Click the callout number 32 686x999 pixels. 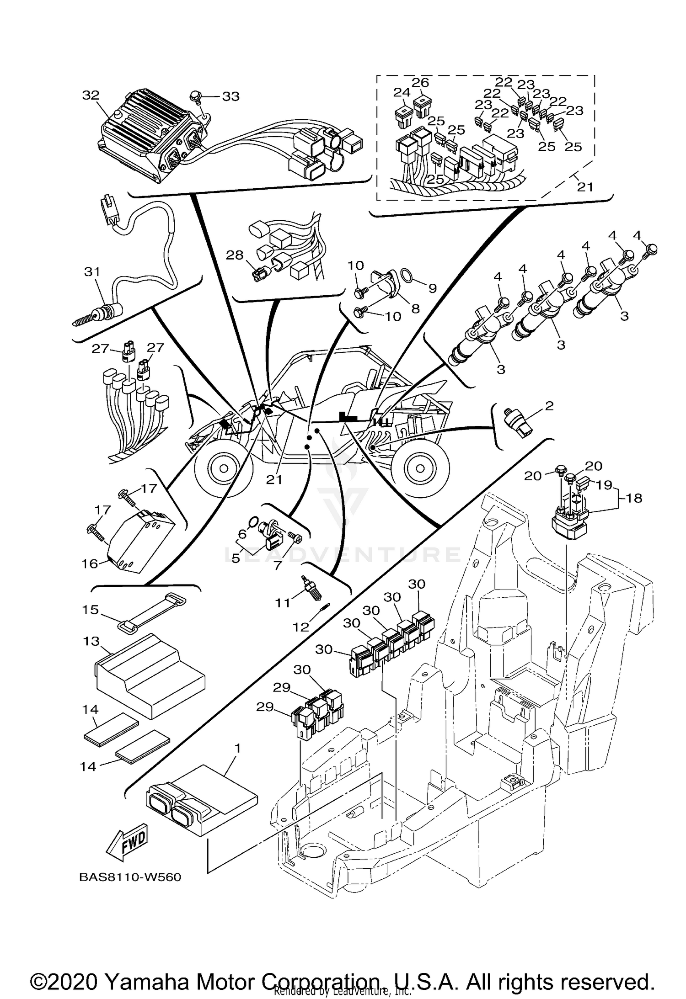point(91,96)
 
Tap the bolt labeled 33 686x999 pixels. point(196,96)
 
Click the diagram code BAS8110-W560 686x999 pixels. point(130,877)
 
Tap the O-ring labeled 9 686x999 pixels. point(406,275)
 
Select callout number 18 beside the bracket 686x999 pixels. point(634,498)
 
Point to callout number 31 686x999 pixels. point(92,272)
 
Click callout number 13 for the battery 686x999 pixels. point(91,641)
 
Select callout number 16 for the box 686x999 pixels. point(90,564)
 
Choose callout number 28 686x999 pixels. point(235,255)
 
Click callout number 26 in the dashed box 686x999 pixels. point(420,83)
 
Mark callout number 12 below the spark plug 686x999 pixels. point(300,627)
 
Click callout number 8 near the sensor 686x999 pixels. point(415,309)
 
